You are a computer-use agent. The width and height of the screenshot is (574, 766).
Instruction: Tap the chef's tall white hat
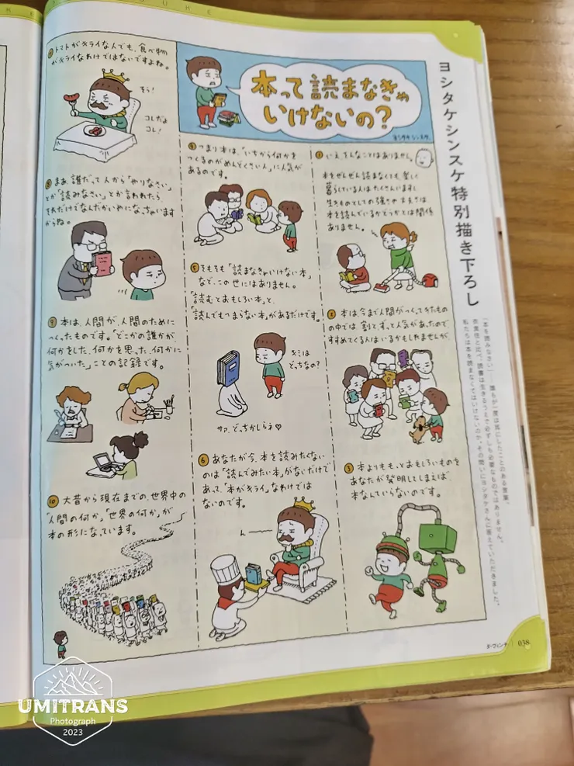(x=226, y=570)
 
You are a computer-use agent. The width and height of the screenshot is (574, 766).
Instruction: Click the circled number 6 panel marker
(x=203, y=459)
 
